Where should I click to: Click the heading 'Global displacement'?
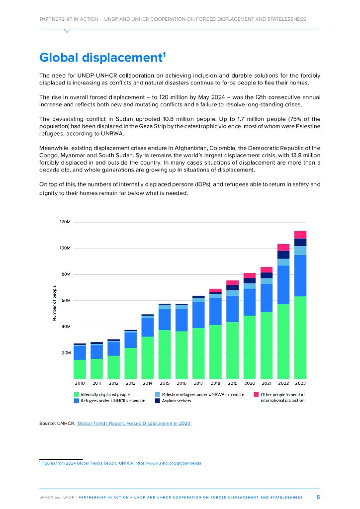102,58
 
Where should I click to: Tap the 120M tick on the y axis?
65,222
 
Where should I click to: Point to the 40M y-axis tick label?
66,327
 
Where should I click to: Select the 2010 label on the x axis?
80,384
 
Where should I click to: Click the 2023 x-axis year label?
300,384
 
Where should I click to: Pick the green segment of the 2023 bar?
300,338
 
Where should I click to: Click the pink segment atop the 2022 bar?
283,247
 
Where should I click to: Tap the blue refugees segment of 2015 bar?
164,320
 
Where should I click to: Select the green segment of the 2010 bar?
80,369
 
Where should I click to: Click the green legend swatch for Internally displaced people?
77,394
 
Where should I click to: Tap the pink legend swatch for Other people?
256,394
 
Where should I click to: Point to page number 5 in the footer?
318,497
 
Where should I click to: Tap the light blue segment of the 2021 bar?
266,281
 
